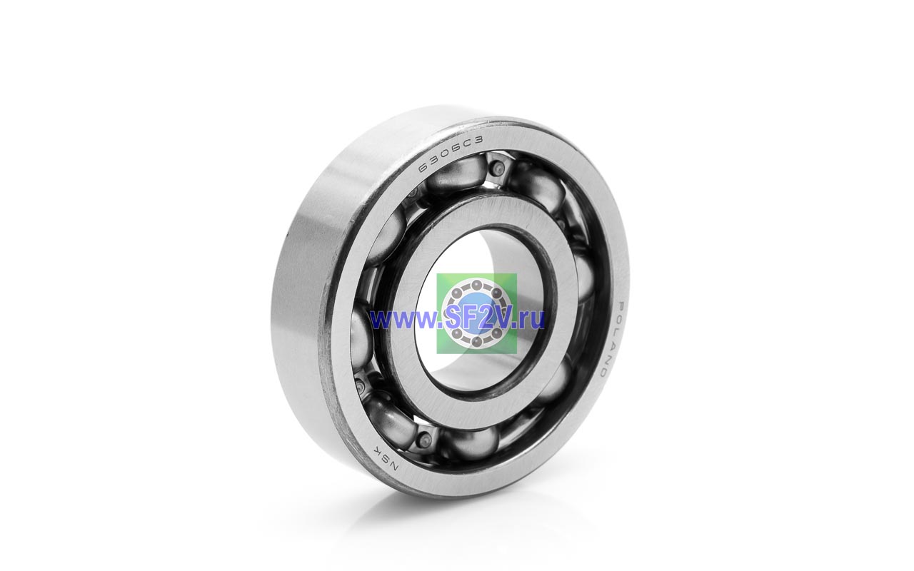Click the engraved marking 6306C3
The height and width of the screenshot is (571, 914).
(x=450, y=154)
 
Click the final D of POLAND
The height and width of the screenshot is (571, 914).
(x=603, y=373)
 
